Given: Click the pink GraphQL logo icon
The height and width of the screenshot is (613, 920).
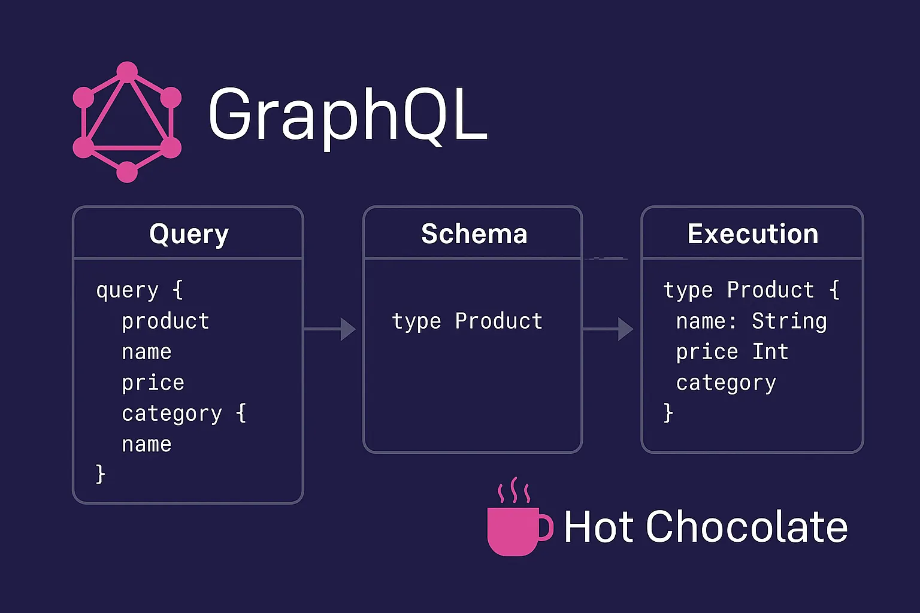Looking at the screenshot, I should pos(127,122).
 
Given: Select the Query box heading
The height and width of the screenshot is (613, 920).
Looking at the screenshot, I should pos(189,233).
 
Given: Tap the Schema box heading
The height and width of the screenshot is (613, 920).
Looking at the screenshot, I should pos(474,233).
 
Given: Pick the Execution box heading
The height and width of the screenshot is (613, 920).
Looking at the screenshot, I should pos(753,233).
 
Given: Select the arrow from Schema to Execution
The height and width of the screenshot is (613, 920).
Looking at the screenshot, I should pos(609,329).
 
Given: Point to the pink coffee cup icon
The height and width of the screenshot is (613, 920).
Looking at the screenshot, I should pos(515,530).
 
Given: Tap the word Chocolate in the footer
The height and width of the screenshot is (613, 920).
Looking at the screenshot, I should pos(746,527).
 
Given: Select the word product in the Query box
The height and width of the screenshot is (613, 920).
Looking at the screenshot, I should pos(165,321).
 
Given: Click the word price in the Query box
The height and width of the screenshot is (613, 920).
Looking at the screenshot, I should pos(153,383).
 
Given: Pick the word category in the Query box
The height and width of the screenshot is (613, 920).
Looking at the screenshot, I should pos(172,414).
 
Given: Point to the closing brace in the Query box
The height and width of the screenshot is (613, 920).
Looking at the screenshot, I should pos(101,474).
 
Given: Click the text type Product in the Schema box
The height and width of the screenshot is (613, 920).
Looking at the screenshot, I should pos(467,321).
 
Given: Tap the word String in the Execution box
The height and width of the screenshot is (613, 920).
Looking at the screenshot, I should pos(789,321).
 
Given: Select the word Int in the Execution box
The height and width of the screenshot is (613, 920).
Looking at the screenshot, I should pos(770,352).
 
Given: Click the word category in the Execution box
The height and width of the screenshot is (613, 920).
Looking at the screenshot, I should pos(726,383).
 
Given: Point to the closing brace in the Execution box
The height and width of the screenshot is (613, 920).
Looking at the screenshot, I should pos(668,413).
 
